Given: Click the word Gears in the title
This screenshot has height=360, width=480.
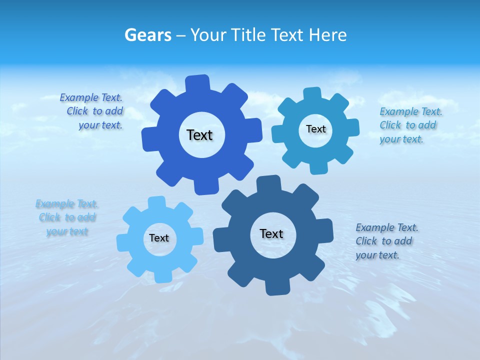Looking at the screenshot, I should tap(147, 35).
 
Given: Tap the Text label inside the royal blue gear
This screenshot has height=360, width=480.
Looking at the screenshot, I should tap(199, 135).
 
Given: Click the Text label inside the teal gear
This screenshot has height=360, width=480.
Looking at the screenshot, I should tap(315, 129).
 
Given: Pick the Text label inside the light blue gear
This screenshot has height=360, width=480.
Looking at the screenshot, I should tap(159, 238).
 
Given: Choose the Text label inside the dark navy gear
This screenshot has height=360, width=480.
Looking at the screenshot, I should tap(271, 233).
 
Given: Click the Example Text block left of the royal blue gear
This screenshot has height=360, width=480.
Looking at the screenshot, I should tap(95, 111).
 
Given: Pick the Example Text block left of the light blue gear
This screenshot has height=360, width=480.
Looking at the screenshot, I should tap(67, 217).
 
